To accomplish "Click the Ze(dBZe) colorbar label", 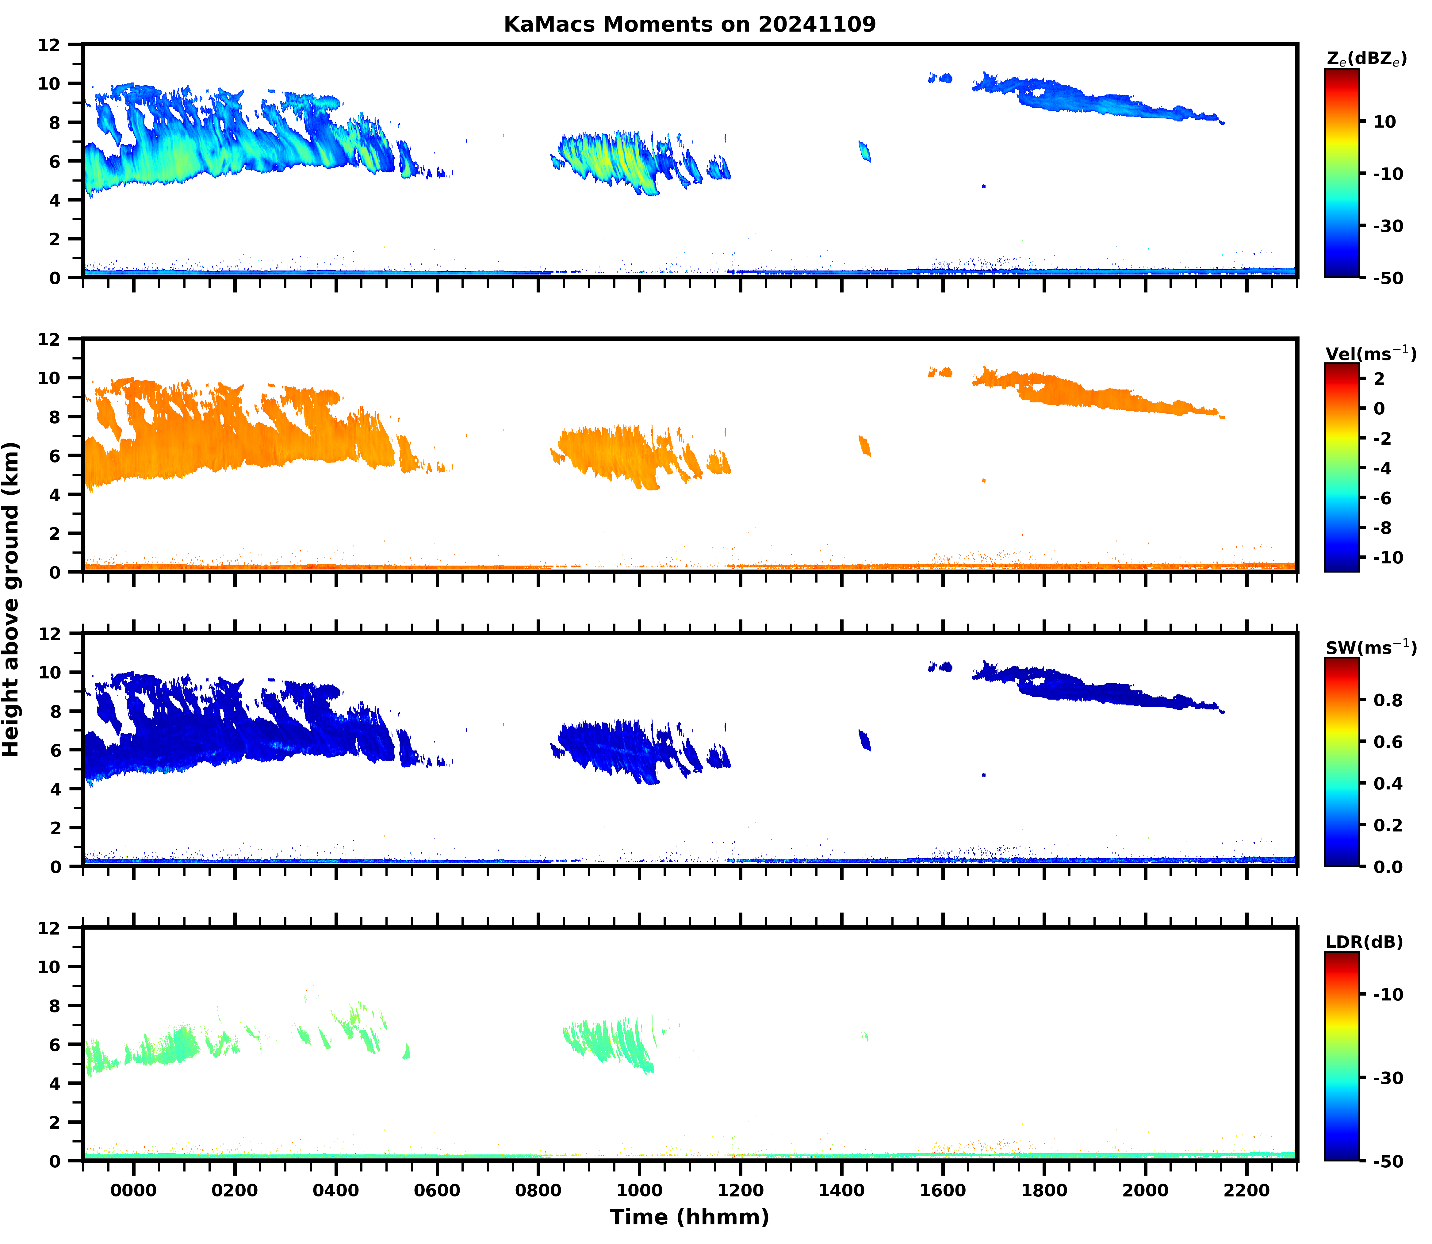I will click(x=1366, y=59).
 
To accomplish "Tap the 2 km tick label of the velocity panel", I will click(x=54, y=533).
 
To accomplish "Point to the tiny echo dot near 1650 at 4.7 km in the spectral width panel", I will click(x=984, y=775).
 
